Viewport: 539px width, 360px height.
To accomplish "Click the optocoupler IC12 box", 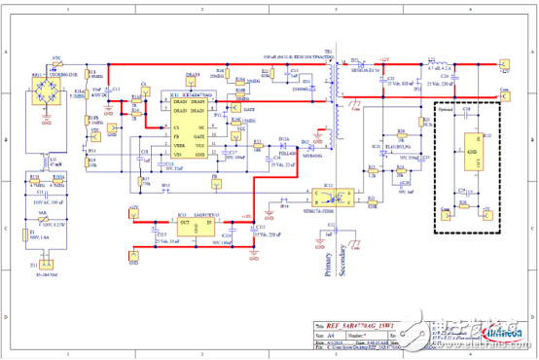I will [x=329, y=198].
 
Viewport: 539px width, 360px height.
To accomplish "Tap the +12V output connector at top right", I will [x=505, y=67].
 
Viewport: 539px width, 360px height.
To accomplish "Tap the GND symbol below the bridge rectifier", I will [x=46, y=122].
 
